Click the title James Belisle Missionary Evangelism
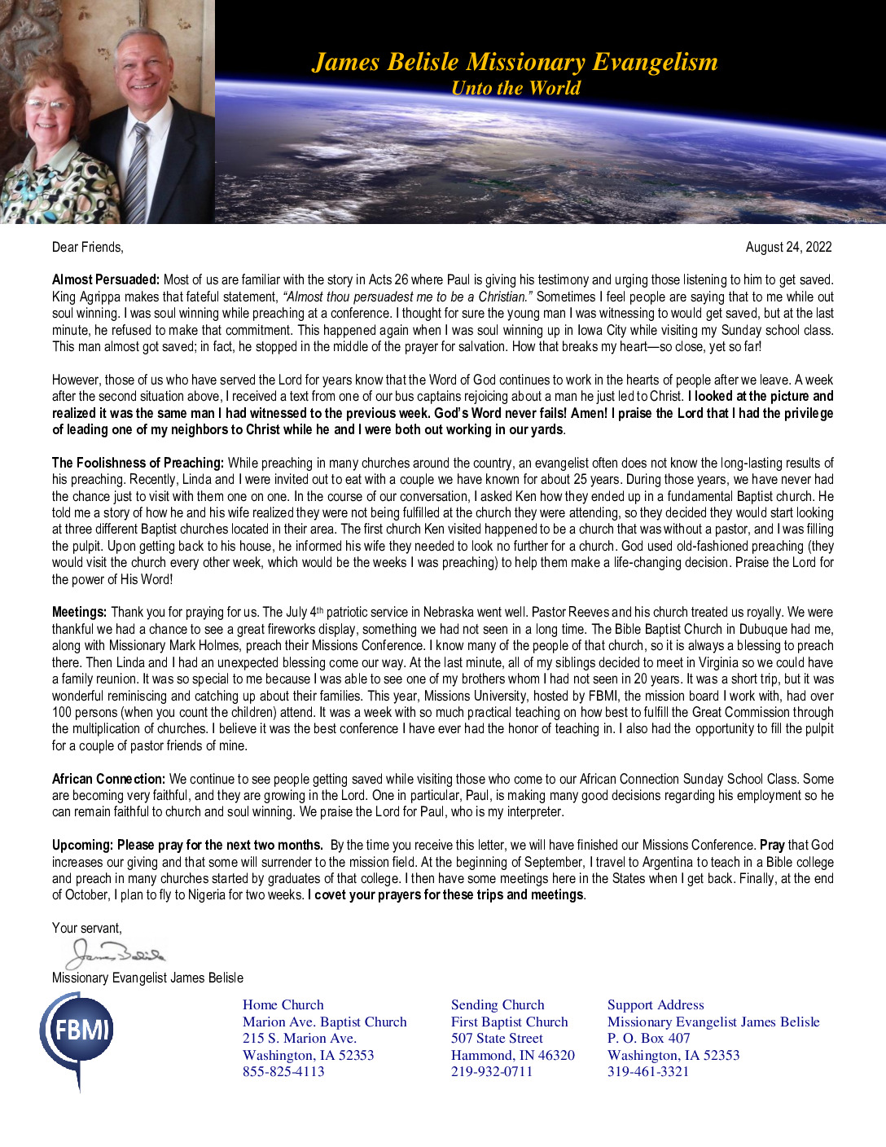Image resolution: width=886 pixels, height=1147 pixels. point(515,62)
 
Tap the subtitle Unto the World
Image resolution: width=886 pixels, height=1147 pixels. point(515,88)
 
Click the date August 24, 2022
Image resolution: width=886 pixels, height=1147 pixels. point(788,247)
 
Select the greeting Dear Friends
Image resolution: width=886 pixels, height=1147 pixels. point(88,247)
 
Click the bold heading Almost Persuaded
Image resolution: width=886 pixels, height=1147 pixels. point(106,280)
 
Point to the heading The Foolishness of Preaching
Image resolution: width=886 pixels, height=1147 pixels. point(138,463)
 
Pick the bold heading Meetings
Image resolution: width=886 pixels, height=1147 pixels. point(79,612)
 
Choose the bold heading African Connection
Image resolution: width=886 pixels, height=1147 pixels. point(108,779)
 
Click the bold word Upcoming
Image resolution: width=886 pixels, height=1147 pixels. point(82,845)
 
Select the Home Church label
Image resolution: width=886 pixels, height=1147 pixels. point(283,1005)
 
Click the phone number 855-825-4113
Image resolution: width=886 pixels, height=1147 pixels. point(283,1072)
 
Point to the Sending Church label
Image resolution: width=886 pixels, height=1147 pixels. point(498,1005)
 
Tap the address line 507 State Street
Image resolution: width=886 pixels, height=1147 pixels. point(497,1039)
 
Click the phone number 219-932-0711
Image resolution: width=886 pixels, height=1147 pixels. point(492,1072)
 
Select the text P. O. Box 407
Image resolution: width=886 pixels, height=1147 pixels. point(648,1039)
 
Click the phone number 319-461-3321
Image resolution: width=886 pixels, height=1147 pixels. point(648,1072)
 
